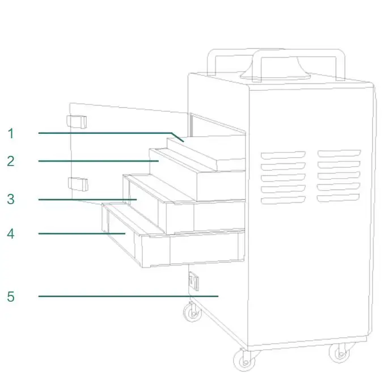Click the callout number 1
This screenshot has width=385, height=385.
pyautogui.click(x=11, y=134)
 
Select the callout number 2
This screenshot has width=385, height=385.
pyautogui.click(x=11, y=161)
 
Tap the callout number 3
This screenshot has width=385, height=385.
pyautogui.click(x=11, y=200)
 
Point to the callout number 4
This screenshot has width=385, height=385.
pyautogui.click(x=11, y=234)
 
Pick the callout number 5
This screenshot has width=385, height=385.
pyautogui.click(x=11, y=297)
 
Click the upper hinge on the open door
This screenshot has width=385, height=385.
pyautogui.click(x=77, y=121)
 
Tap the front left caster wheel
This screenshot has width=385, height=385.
pyautogui.click(x=193, y=311)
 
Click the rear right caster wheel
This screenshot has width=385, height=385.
pyautogui.click(x=339, y=353)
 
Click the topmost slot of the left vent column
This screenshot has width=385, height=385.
pyautogui.click(x=282, y=155)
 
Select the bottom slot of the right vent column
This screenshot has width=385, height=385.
pyautogui.click(x=339, y=197)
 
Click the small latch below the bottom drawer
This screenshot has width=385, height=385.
pyautogui.click(x=193, y=281)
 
